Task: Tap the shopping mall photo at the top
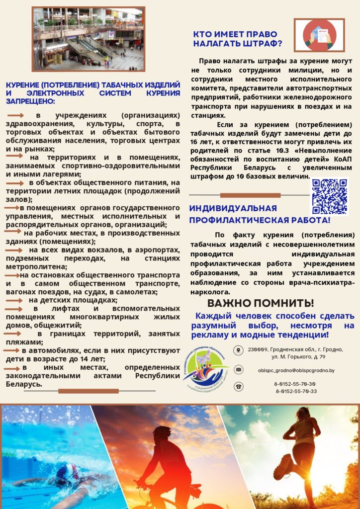click(x=88, y=39)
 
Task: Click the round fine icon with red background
click(x=319, y=35)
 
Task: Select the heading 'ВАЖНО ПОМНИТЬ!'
click(x=261, y=303)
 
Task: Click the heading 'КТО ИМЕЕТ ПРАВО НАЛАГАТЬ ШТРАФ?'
click(x=238, y=39)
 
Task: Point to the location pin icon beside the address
click(x=239, y=350)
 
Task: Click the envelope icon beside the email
click(x=239, y=369)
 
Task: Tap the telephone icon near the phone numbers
click(x=239, y=387)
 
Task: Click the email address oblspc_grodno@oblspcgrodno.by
click(x=296, y=370)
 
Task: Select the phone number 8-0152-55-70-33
click(x=296, y=391)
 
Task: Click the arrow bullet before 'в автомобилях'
click(x=11, y=350)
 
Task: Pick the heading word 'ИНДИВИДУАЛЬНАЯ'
click(x=233, y=208)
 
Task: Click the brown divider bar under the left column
click(x=88, y=391)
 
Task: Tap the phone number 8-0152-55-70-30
click(x=294, y=384)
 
